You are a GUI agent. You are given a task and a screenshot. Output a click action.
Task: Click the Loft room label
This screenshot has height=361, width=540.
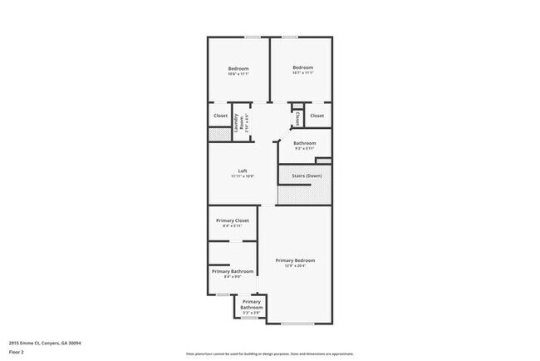coord(243,171)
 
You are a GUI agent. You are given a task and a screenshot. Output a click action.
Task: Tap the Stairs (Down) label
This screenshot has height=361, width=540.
coord(307,176)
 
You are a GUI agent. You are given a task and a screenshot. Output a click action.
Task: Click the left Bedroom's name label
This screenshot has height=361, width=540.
coord(238,68)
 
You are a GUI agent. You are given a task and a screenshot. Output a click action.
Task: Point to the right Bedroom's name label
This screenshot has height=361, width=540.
coord(302,67)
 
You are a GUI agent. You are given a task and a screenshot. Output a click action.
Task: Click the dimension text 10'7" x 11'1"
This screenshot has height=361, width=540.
coord(302,74)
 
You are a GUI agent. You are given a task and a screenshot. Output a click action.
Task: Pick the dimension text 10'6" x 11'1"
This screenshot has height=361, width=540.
coord(238,75)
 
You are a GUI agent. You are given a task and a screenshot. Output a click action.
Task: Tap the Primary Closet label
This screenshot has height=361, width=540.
coord(232,220)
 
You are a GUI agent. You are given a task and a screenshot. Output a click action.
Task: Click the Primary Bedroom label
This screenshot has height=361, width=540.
coord(296,260)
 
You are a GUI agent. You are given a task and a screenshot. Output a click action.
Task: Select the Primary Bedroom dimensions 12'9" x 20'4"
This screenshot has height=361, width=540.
coord(296,267)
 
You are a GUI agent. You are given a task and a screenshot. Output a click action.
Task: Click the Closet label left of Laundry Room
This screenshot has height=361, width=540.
coord(220,116)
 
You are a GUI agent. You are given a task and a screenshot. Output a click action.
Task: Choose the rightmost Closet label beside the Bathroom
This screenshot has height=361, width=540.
coord(317,116)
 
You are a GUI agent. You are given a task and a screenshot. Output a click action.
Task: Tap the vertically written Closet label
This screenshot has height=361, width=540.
coord(298,118)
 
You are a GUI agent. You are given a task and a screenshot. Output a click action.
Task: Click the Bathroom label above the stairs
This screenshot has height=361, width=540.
coord(304,143)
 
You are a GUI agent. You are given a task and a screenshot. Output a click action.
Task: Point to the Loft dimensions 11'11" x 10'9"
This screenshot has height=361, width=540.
coord(243,177)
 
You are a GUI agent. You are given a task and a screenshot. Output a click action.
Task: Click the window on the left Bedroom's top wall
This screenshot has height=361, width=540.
coord(251,37)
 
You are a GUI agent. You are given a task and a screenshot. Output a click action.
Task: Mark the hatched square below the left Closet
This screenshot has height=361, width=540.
coord(218,134)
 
